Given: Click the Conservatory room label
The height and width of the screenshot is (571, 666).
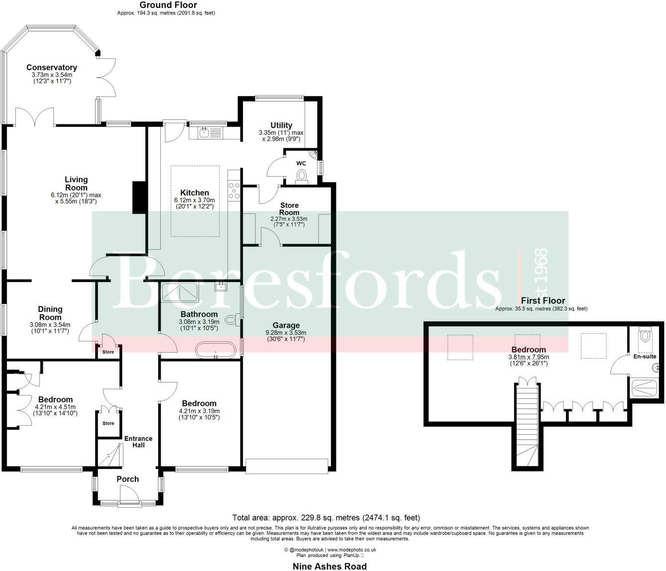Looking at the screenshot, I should [x=51, y=68].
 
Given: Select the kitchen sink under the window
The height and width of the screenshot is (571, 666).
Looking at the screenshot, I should [x=204, y=132].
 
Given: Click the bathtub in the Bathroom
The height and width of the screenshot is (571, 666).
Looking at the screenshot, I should [x=216, y=350].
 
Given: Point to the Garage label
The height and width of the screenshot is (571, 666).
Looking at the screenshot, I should [x=286, y=326].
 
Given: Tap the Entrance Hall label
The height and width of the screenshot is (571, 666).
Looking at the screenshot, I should [x=138, y=442].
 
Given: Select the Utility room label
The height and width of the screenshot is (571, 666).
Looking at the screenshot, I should [x=281, y=125].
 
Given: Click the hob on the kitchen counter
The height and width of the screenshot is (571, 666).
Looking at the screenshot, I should [x=233, y=191].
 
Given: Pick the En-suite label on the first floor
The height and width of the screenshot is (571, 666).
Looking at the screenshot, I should [x=645, y=356].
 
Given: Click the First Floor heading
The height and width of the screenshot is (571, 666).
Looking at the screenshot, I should [x=543, y=300].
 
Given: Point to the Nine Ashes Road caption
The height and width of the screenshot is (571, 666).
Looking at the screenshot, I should [x=330, y=566].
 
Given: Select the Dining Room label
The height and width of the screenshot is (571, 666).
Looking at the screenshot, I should [x=50, y=313].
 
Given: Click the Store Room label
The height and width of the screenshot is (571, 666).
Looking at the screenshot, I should [x=289, y=208].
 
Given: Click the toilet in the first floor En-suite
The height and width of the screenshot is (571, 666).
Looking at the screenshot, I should [x=645, y=336].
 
